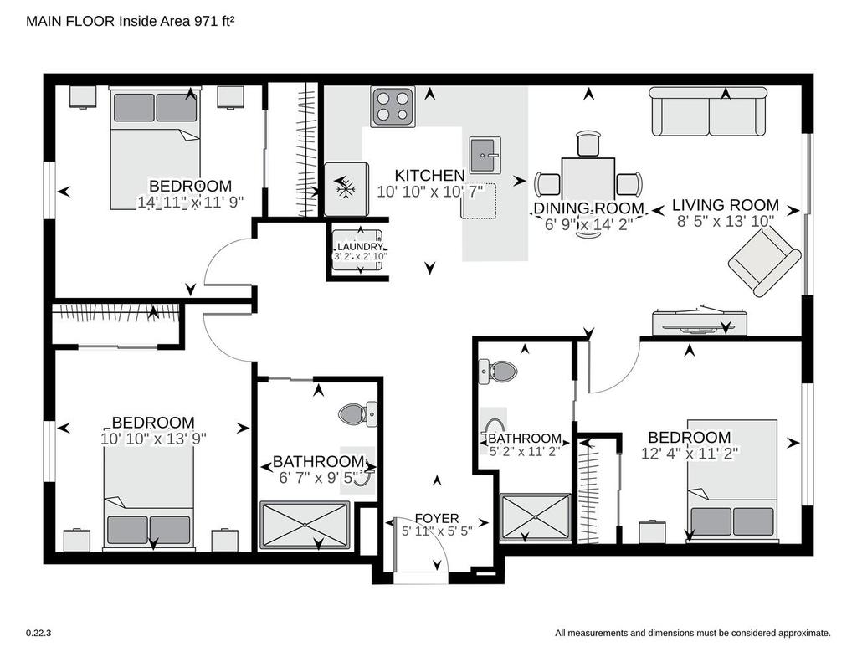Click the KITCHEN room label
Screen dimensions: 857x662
429,176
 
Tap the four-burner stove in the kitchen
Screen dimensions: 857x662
393,106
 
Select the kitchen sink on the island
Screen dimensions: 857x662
485,156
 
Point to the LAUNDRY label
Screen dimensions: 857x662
360,247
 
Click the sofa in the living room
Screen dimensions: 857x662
708,111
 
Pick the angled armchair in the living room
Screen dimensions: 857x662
764,263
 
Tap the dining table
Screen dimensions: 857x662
588,179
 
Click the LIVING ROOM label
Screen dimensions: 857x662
726,205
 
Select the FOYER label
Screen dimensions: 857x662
437,518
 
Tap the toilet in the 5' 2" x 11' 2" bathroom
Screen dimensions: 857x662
497,372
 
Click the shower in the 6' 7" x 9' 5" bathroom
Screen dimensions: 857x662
305,525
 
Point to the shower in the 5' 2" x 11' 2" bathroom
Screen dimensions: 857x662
536,518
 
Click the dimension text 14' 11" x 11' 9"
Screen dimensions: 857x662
190,203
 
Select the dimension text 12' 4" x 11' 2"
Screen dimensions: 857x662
690,453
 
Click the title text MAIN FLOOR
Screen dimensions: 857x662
70,21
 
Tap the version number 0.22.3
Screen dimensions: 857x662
38,633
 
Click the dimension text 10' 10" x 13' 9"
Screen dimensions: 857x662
153,439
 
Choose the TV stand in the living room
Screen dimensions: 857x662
700,322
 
